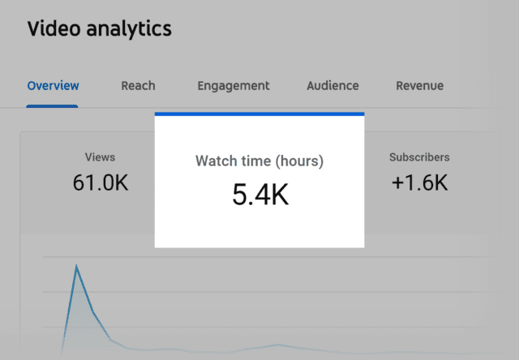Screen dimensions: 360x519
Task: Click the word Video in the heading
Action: (x=49, y=29)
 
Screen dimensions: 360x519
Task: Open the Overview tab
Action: (x=53, y=85)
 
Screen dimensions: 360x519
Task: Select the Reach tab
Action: (x=138, y=85)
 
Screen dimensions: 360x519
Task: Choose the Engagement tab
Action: (x=234, y=85)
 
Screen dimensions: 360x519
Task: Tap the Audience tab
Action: (x=332, y=85)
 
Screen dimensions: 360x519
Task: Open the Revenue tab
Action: (x=419, y=85)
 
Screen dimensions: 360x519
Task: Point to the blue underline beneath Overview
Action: (x=53, y=106)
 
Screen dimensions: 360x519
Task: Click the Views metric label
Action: (x=100, y=157)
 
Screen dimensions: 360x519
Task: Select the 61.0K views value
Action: (x=100, y=183)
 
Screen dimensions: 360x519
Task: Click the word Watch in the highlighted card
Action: (x=216, y=161)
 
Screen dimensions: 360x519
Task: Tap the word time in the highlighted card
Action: (x=256, y=161)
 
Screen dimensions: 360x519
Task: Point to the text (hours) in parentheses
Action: (x=300, y=161)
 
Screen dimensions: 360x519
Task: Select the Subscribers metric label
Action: (x=419, y=157)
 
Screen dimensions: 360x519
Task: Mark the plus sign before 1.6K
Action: (x=397, y=184)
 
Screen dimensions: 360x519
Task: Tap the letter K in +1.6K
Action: (x=439, y=183)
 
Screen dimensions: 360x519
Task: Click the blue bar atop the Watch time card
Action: (x=259, y=114)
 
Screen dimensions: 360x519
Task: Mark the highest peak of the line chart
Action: (x=77, y=265)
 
